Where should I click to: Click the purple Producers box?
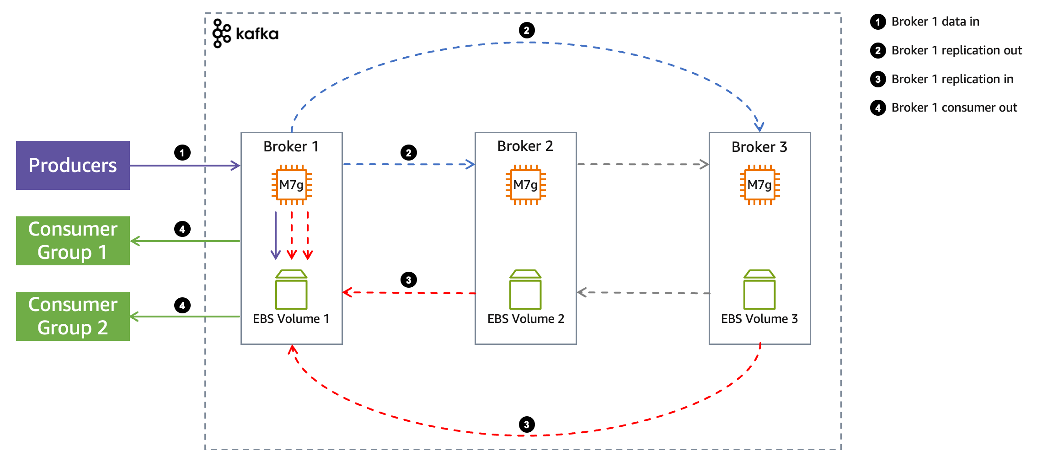point(73,165)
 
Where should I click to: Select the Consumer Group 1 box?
point(73,241)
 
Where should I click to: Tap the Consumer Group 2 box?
point(73,316)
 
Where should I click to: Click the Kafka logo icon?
point(222,33)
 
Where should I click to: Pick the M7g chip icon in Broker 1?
point(292,185)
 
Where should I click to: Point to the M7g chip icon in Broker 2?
point(525,185)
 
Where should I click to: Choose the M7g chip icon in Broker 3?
point(759,185)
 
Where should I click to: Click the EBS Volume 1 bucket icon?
point(291,290)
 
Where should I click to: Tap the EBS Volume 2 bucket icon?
point(525,290)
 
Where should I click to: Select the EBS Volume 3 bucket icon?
point(759,290)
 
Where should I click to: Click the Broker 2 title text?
point(525,146)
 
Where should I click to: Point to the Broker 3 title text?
point(759,147)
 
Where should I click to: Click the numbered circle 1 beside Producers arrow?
point(182,152)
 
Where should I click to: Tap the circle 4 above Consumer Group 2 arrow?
point(182,305)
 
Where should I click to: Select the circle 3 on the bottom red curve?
point(527,424)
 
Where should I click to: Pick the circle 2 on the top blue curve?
point(527,30)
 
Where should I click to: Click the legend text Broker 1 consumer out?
point(954,107)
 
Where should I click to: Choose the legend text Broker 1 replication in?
point(952,79)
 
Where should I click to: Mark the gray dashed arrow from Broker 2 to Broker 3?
point(642,164)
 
